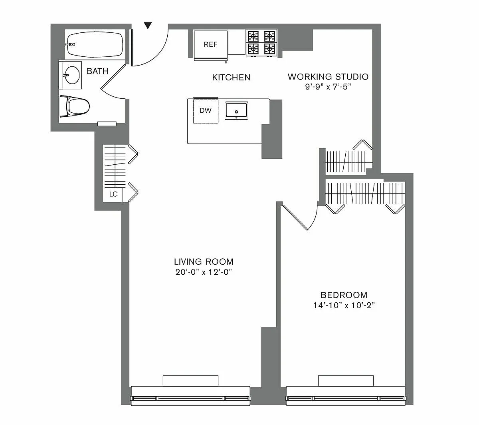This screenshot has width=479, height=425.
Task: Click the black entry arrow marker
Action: (x=148, y=25)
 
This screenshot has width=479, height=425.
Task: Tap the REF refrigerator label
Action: (x=210, y=44)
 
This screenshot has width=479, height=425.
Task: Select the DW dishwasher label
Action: (x=206, y=110)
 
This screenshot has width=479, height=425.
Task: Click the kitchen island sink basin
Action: (x=236, y=111)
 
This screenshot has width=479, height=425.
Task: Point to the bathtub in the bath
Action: (x=95, y=44)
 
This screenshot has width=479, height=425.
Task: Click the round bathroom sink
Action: (x=72, y=75)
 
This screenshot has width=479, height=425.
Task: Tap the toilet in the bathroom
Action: (x=75, y=106)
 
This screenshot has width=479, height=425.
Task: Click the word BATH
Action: (x=97, y=71)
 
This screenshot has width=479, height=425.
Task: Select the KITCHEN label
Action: (x=231, y=78)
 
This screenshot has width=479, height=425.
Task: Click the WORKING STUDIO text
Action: (x=328, y=77)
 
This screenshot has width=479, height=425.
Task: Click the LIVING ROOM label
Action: (x=204, y=261)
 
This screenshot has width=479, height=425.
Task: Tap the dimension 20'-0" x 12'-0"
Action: (x=204, y=272)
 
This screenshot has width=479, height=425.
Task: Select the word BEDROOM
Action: (x=344, y=295)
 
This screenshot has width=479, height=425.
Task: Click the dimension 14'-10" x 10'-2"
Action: (x=344, y=305)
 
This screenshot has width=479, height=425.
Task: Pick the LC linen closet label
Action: (x=113, y=194)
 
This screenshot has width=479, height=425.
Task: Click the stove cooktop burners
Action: (x=261, y=43)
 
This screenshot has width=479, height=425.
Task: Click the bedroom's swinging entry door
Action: (x=295, y=217)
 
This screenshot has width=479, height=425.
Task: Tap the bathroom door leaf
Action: (x=113, y=76)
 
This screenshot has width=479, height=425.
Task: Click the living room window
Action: (x=190, y=400)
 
